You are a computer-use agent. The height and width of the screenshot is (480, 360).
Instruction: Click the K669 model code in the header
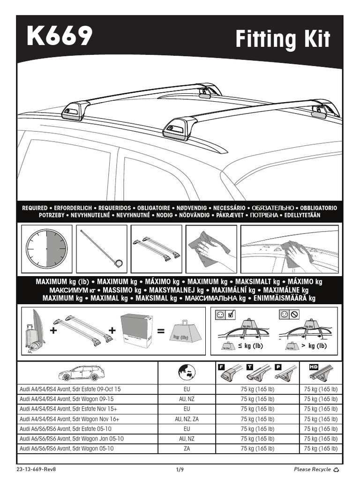pyautogui.click(x=59, y=37)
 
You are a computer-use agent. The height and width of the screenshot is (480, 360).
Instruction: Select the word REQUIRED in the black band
pyautogui.click(x=35, y=208)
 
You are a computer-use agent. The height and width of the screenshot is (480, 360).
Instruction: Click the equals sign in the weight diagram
pyautogui.click(x=161, y=331)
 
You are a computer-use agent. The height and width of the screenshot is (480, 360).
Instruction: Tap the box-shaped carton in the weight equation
pyautogui.click(x=137, y=330)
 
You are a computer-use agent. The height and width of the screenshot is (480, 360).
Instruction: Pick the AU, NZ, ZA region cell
pyautogui.click(x=187, y=419)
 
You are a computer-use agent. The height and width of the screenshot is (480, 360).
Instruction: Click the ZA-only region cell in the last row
pyautogui.click(x=187, y=449)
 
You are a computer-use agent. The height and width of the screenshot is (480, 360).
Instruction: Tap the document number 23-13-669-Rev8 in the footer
pyautogui.click(x=33, y=469)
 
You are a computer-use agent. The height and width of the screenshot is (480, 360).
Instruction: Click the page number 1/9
pyautogui.click(x=180, y=469)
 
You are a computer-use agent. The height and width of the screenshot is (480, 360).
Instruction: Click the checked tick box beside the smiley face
pyautogui.click(x=230, y=315)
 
